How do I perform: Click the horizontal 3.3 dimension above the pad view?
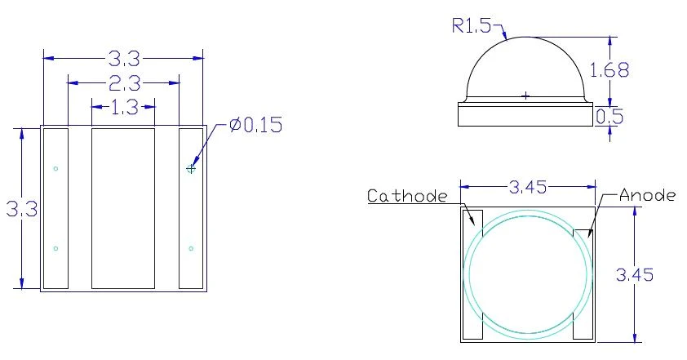click(x=124, y=58)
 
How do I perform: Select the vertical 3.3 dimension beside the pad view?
click(x=22, y=209)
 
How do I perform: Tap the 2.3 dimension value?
click(x=124, y=82)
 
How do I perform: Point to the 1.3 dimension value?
click(x=125, y=107)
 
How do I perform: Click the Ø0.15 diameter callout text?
click(x=256, y=125)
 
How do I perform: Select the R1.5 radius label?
click(x=472, y=26)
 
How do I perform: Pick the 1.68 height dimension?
click(x=609, y=69)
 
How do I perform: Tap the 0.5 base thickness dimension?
click(x=609, y=117)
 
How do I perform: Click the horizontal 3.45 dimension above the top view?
click(x=528, y=187)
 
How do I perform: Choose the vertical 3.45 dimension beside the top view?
click(x=635, y=274)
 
